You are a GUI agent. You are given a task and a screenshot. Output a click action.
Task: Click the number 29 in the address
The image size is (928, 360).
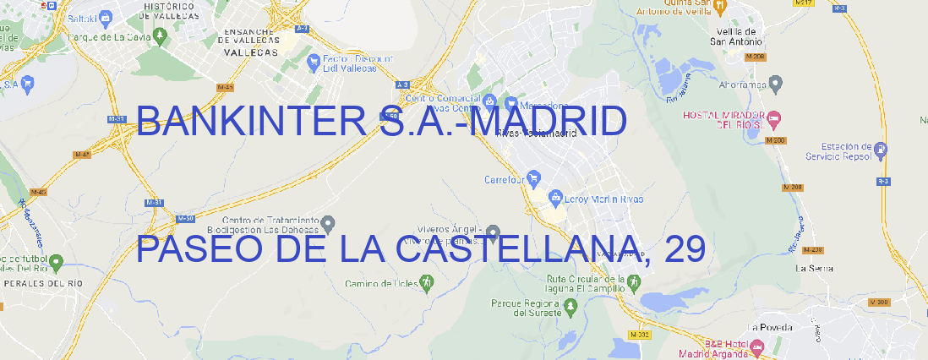click(x=684, y=249)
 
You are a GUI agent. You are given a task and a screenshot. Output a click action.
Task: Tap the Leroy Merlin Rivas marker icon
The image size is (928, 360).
click(x=555, y=199)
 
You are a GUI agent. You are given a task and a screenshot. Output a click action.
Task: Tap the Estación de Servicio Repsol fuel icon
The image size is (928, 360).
click(x=882, y=150)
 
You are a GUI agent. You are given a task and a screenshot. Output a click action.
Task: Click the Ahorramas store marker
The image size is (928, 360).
click(x=777, y=83)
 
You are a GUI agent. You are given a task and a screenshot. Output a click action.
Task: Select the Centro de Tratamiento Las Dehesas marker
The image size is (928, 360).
click(x=330, y=223)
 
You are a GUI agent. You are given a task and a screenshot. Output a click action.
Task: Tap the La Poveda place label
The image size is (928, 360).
click(x=769, y=326)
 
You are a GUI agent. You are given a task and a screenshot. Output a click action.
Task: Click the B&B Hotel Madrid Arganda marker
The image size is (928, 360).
click(x=756, y=346)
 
